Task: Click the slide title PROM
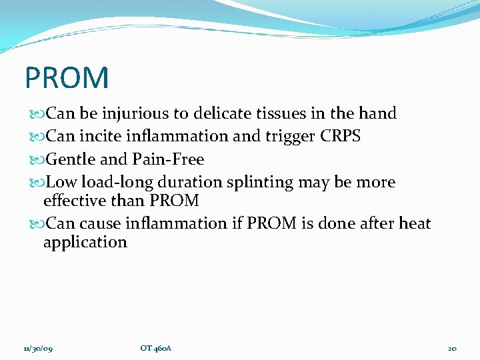pos(66,77)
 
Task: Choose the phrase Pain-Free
pos(168,160)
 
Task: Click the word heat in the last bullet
pos(415,223)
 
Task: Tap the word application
pos(85,243)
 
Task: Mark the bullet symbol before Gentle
pos(35,160)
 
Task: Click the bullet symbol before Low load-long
pos(35,183)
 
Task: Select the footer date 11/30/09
pos(39,348)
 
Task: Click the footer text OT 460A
pos(156,348)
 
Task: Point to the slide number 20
pos(451,348)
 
